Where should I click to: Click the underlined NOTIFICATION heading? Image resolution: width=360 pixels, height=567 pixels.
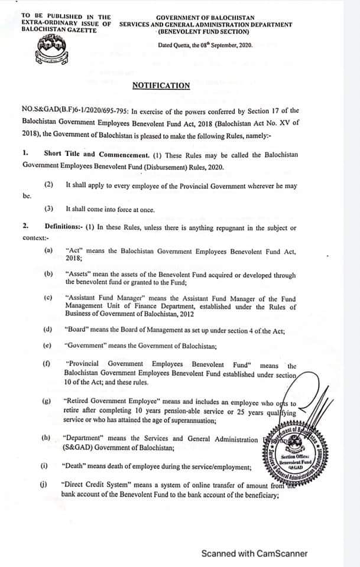(x=161, y=86)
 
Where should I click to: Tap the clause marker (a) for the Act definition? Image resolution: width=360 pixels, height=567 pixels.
(x=48, y=250)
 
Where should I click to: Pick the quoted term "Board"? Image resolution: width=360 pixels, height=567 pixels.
(x=77, y=328)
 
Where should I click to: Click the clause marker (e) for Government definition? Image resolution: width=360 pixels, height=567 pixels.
(x=48, y=346)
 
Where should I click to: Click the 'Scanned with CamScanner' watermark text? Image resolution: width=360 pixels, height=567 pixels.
(x=254, y=553)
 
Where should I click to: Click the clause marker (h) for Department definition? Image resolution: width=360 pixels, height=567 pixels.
(x=47, y=439)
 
